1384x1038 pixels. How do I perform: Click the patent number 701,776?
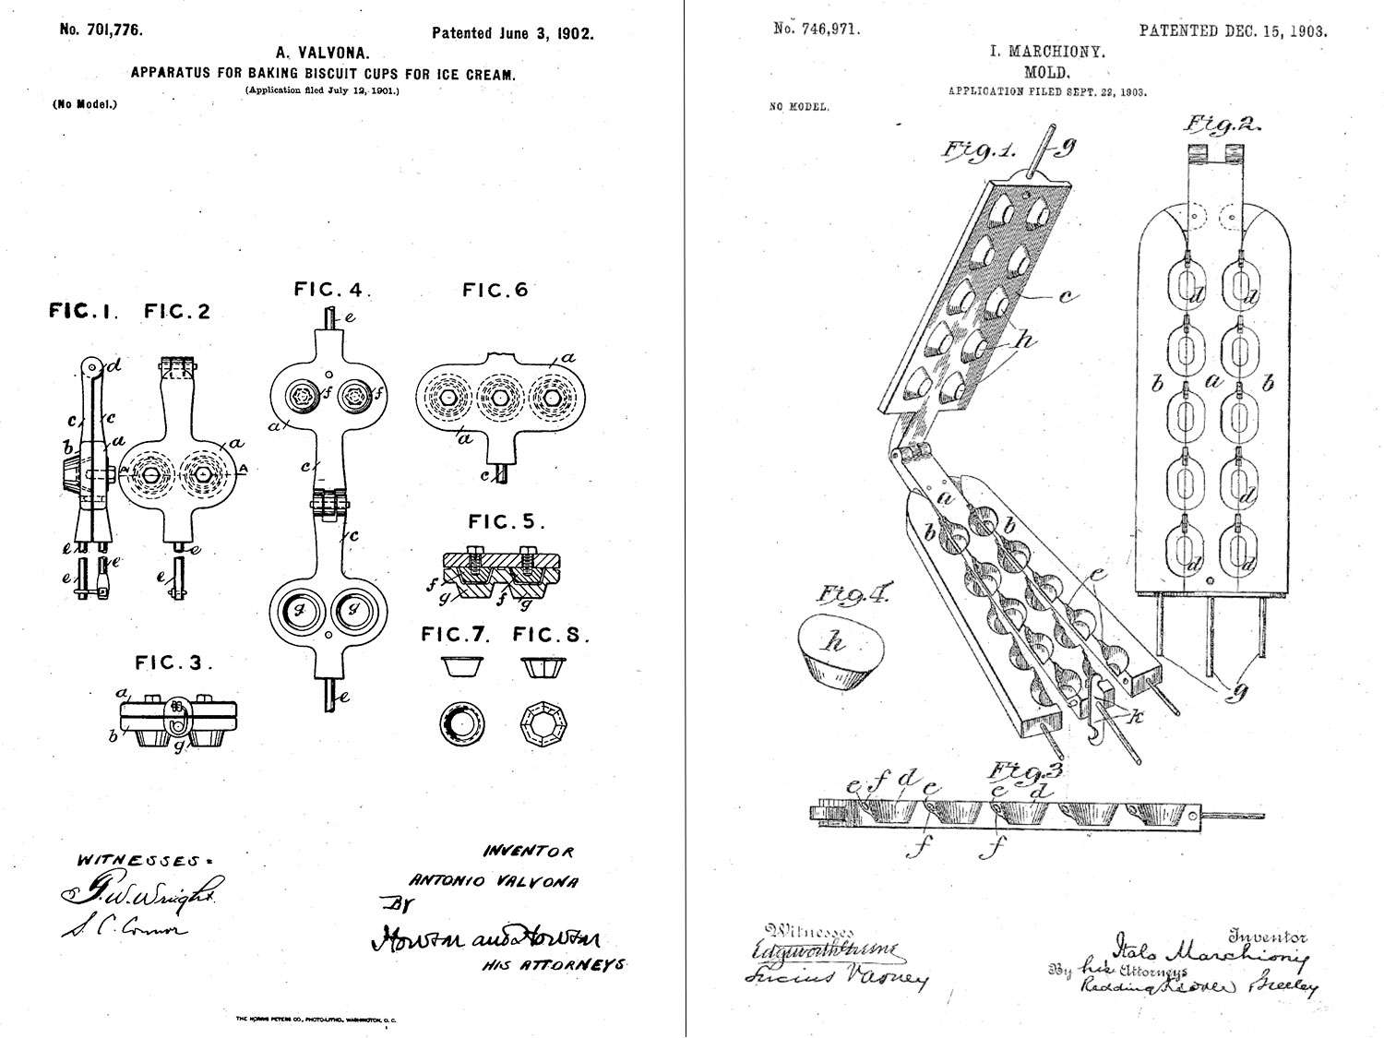tap(101, 30)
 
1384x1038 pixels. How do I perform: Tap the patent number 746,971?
tap(816, 29)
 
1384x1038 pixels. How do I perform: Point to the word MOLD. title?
tap(1046, 72)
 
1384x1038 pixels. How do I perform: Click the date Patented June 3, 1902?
tap(512, 34)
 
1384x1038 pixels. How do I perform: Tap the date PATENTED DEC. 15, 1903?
tap(1233, 30)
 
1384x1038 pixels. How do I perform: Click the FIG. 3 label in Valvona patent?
tap(173, 662)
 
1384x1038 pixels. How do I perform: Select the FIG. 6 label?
tap(495, 291)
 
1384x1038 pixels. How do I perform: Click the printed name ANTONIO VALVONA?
tap(493, 881)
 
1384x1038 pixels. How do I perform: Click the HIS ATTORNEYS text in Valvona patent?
tap(554, 964)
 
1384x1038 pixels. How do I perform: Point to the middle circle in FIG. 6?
tap(499, 396)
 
